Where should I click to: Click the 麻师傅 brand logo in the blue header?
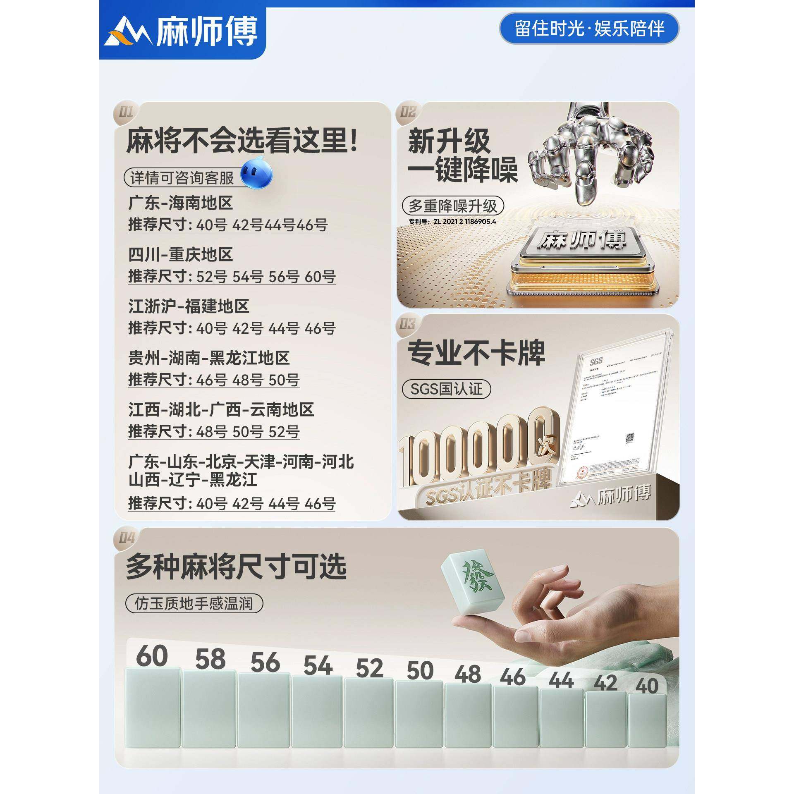182,32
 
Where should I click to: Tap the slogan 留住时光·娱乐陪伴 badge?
589,29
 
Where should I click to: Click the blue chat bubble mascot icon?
256,174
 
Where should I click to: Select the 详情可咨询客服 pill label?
182,178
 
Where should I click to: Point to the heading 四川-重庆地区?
180,255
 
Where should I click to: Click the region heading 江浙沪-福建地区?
189,306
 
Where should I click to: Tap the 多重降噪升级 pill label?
453,205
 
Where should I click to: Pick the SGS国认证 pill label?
447,389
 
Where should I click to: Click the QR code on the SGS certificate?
629,438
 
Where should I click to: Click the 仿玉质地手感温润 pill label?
194,604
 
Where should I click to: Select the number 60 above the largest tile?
152,656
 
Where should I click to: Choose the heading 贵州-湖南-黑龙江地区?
209,358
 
